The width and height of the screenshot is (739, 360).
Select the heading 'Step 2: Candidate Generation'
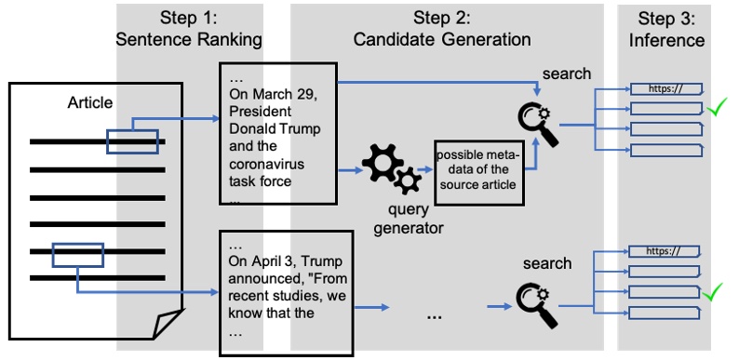[442, 29]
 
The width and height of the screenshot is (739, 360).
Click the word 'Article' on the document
[90, 102]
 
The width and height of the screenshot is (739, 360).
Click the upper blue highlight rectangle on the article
[132, 140]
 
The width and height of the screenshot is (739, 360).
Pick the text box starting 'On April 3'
[285, 293]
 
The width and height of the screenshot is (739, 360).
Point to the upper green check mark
[716, 109]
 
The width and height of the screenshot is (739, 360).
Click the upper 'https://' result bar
[665, 89]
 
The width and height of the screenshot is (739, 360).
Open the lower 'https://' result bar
[665, 251]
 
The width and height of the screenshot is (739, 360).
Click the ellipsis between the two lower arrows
[434, 315]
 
